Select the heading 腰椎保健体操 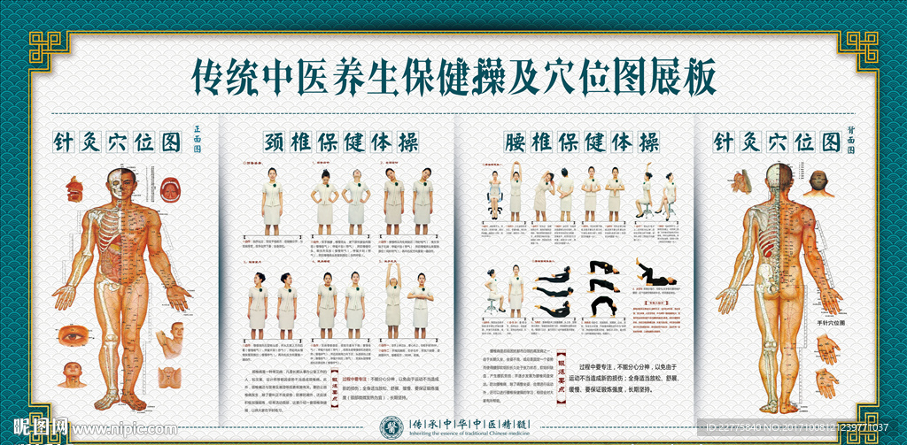click(570, 142)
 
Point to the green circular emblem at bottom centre click(392, 426)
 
